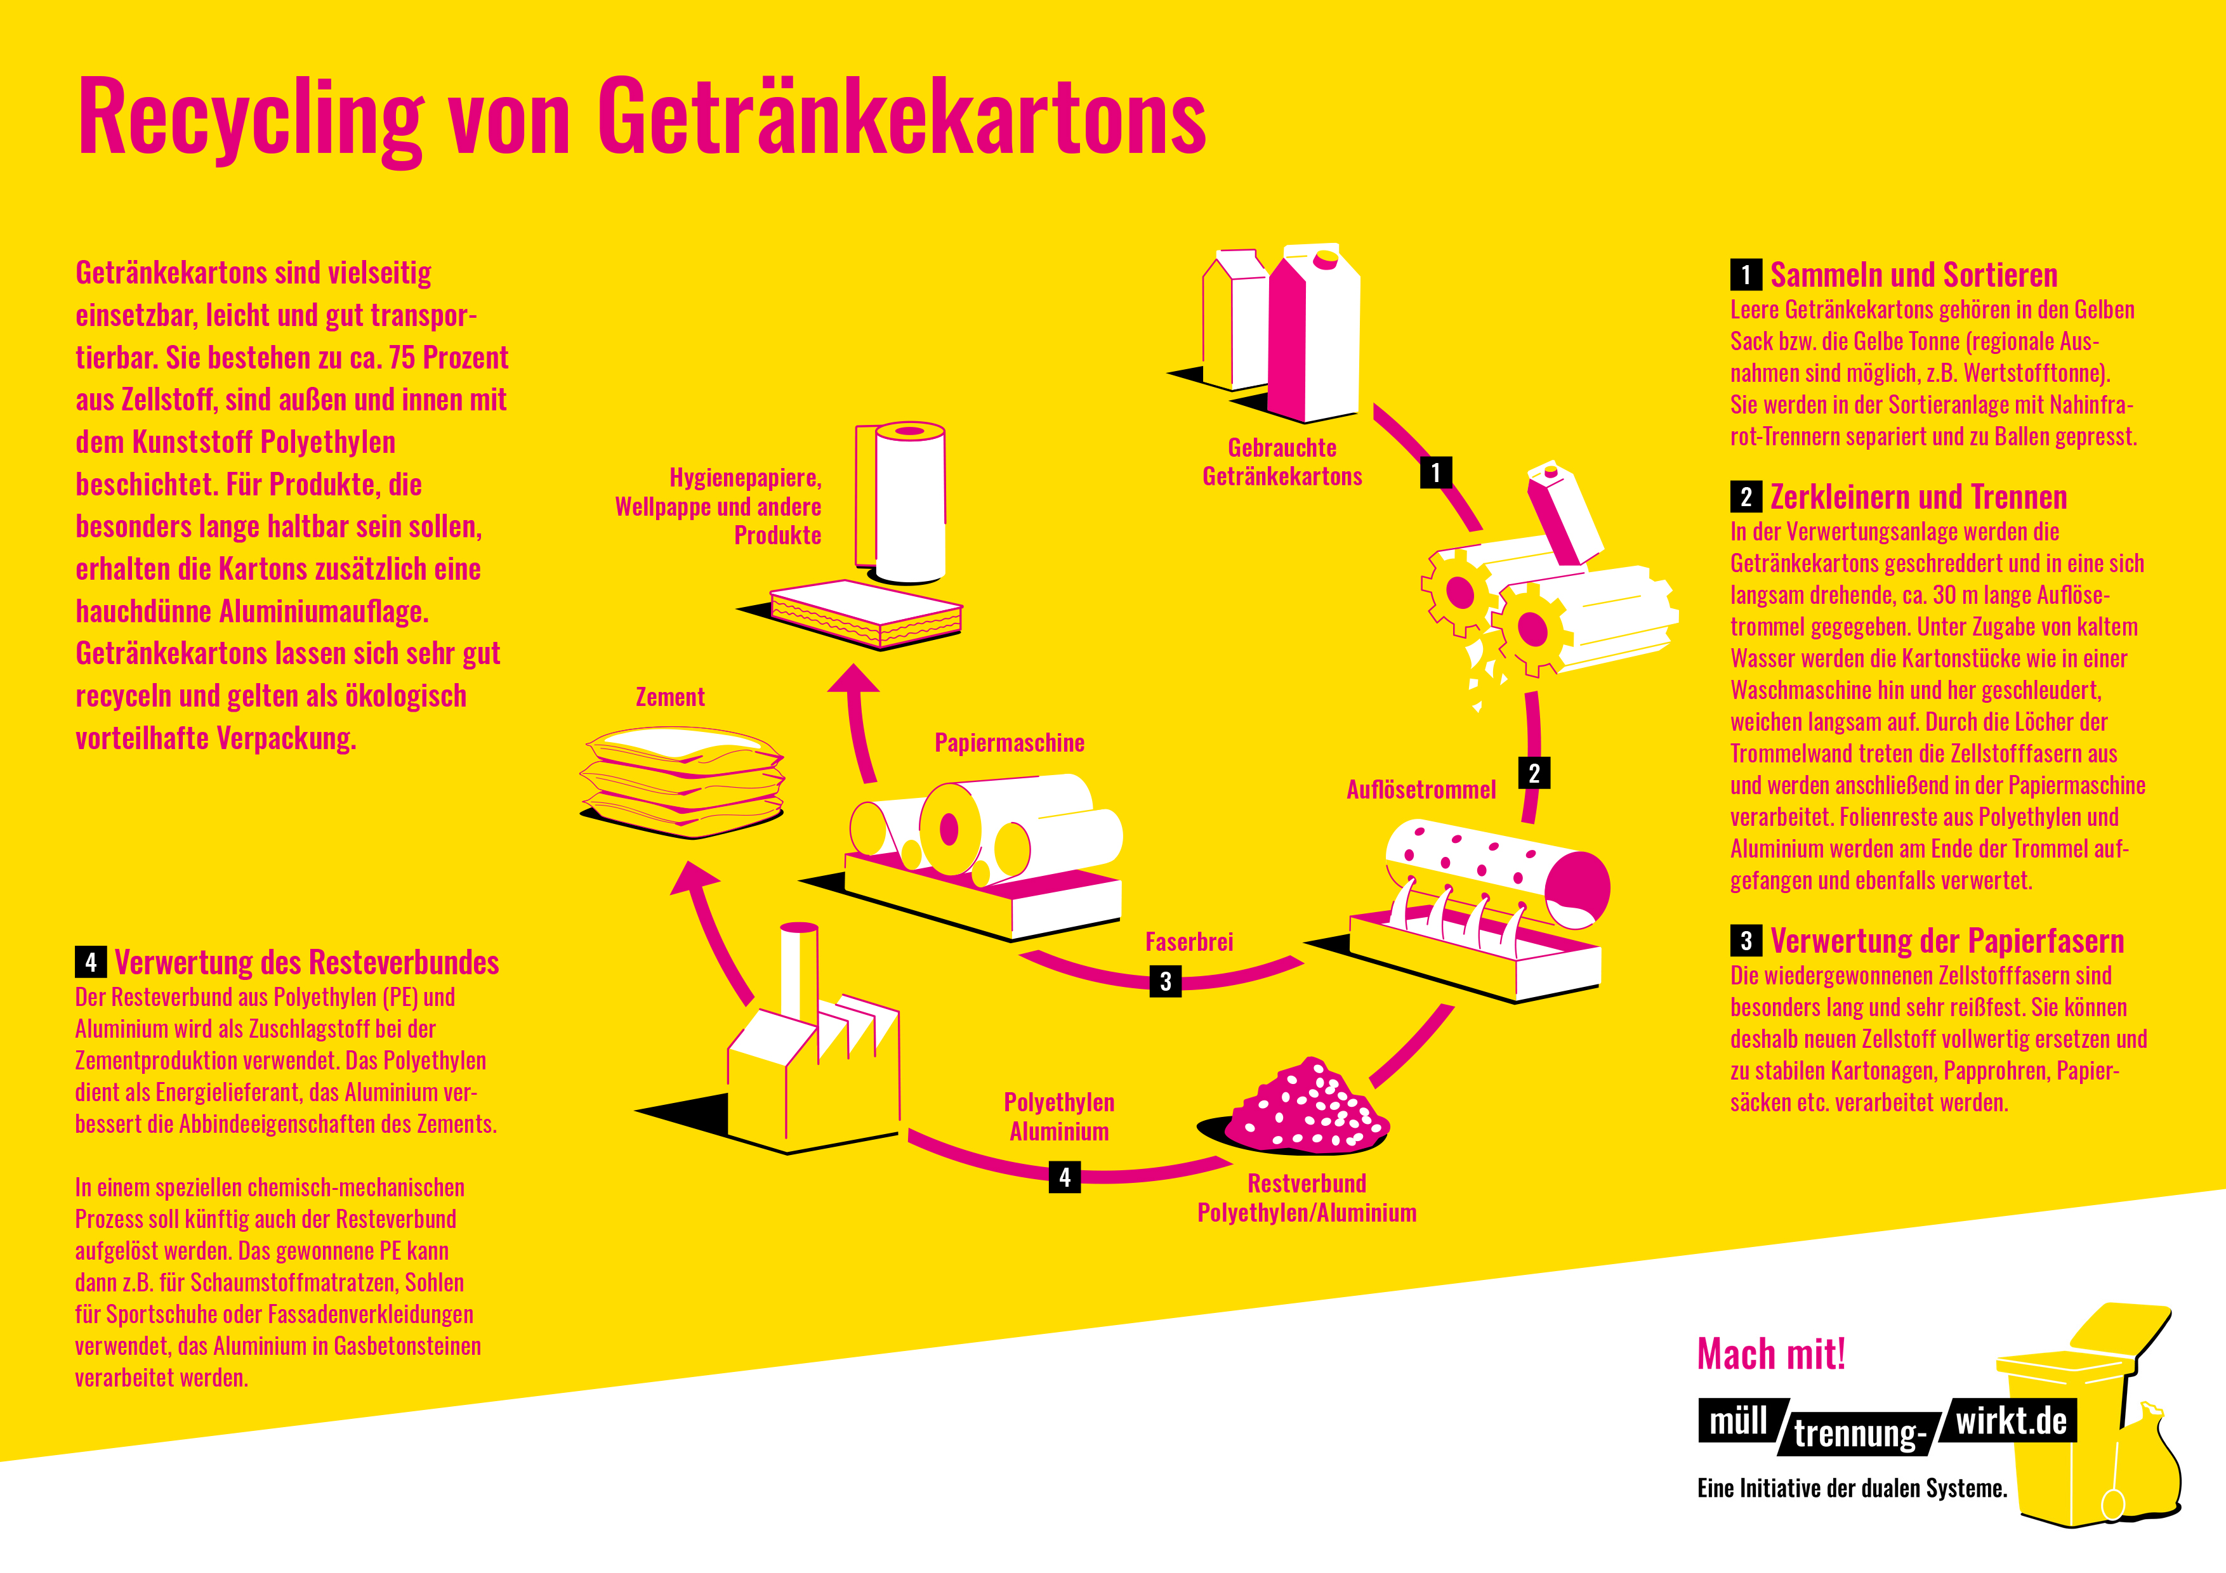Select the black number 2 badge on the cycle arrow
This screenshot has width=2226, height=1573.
[1534, 773]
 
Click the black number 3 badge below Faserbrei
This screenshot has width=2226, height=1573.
[1166, 981]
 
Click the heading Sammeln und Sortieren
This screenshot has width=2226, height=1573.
[1913, 275]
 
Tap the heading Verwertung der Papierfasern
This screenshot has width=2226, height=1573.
[1947, 941]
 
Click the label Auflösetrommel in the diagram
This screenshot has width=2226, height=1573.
[1420, 790]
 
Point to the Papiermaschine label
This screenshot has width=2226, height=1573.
[1010, 743]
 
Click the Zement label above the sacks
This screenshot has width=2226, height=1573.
[670, 697]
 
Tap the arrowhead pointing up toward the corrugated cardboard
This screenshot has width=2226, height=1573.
[853, 679]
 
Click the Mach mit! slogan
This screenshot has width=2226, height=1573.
[1771, 1354]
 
